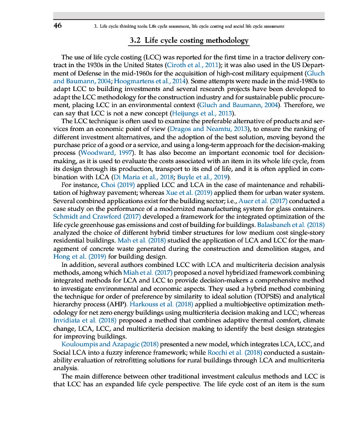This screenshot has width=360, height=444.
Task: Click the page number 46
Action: click(57, 26)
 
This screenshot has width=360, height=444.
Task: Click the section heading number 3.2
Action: click(136, 41)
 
